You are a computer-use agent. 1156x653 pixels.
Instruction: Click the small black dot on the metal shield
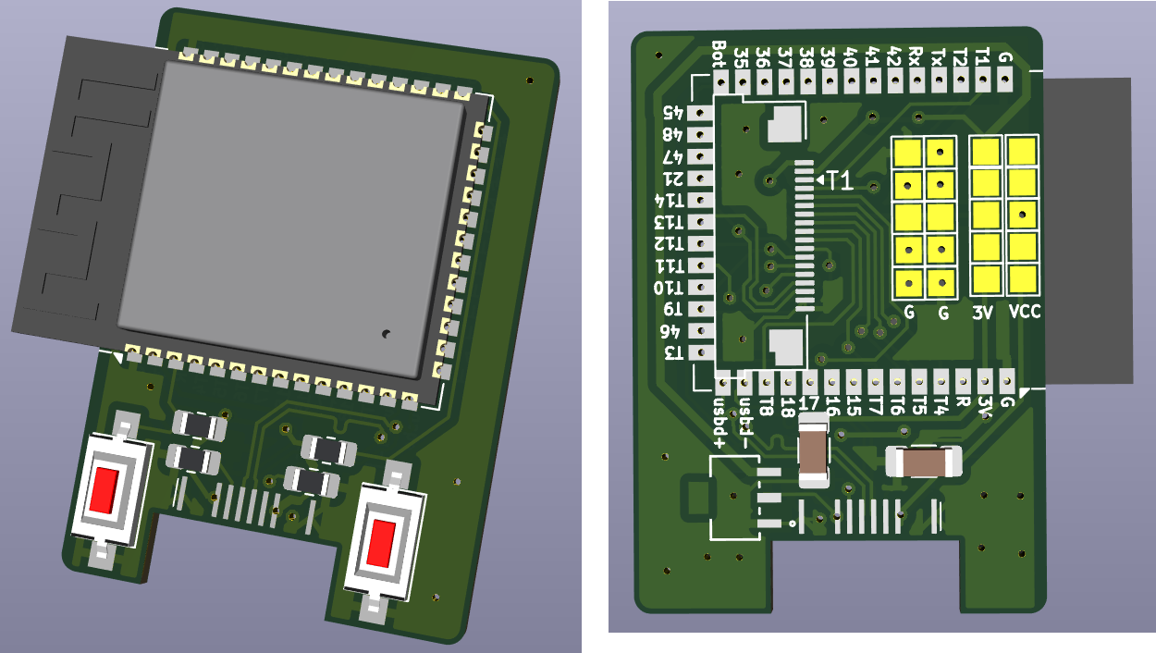pos(386,334)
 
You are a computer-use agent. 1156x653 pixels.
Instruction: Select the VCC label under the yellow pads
pos(1025,313)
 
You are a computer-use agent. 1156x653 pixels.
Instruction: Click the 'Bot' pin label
pos(720,55)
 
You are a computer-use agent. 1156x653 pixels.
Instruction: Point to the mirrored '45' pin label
pos(672,112)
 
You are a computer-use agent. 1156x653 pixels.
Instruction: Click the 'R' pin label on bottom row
pos(963,402)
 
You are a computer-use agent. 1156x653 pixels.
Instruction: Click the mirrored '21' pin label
pos(672,179)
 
